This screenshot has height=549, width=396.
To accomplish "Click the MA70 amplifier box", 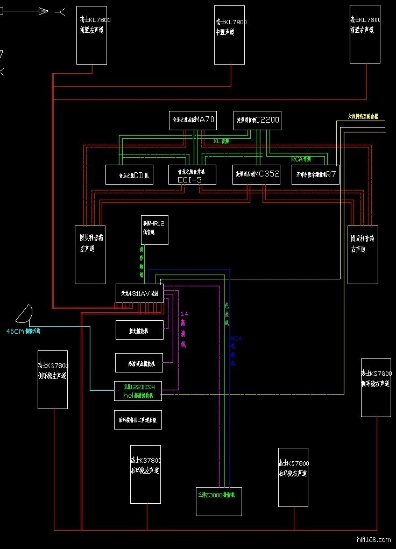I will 192,120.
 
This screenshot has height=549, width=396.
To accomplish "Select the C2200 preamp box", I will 257,120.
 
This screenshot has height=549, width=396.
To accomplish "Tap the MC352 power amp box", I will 256,174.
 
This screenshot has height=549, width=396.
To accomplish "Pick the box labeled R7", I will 315,174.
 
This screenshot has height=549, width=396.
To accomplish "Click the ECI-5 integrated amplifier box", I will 192,174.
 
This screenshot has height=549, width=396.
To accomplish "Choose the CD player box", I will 129,174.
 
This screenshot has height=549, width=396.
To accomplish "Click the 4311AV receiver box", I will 139,293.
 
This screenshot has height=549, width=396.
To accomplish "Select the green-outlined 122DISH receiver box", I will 138,391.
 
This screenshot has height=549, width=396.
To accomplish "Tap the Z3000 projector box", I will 218,501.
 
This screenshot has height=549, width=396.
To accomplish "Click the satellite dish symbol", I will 25,313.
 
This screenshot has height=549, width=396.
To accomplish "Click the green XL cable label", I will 221,141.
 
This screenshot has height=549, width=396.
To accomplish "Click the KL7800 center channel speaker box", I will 229,34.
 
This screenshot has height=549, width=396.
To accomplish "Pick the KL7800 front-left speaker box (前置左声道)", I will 91,34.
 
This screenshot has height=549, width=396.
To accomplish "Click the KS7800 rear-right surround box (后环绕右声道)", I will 293,477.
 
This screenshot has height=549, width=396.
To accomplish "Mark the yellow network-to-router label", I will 363,116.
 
